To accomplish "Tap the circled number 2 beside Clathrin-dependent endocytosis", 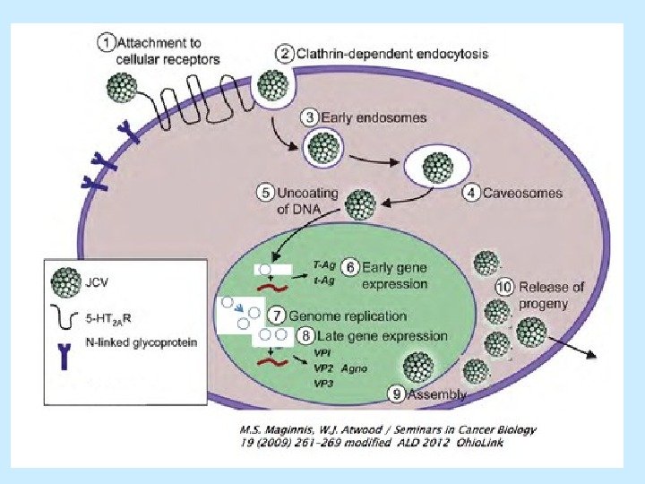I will (x=282, y=54).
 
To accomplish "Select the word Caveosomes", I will (x=522, y=192).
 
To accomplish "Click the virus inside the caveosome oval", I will (x=438, y=168).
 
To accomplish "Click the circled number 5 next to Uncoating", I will (x=266, y=192).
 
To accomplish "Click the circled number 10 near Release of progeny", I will (x=504, y=288).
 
